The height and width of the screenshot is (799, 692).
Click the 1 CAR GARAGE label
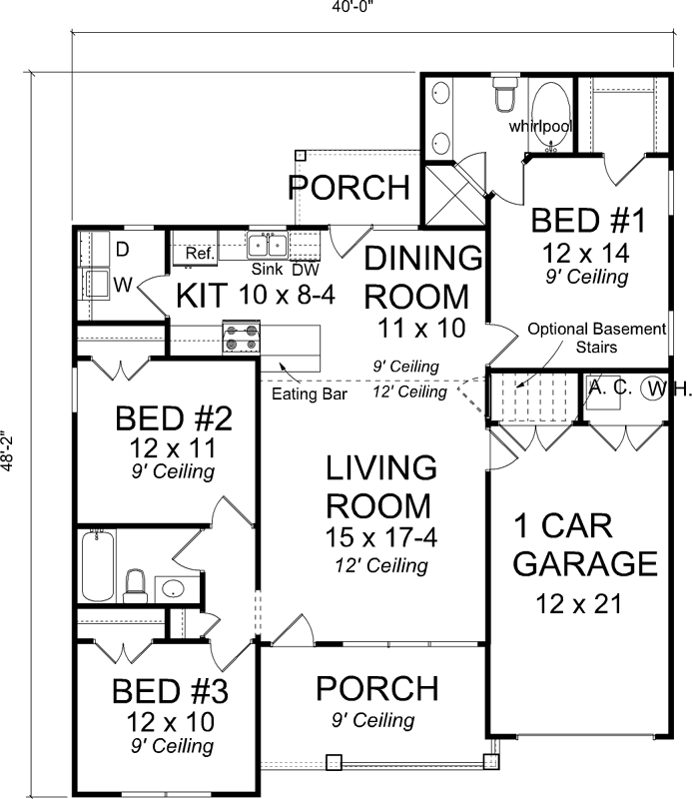pyautogui.click(x=585, y=545)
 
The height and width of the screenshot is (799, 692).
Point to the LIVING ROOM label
pyautogui.click(x=381, y=485)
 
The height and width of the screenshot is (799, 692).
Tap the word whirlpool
pyautogui.click(x=539, y=127)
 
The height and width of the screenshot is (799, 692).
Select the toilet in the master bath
pyautogui.click(x=504, y=98)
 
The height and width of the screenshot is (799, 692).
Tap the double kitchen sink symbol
pyautogui.click(x=269, y=244)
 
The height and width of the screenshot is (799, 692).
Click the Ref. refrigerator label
pyautogui.click(x=200, y=255)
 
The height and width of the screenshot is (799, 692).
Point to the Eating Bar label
pyautogui.click(x=309, y=395)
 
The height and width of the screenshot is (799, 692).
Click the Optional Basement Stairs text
pyautogui.click(x=596, y=339)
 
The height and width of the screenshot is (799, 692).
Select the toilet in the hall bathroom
pyautogui.click(x=135, y=585)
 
